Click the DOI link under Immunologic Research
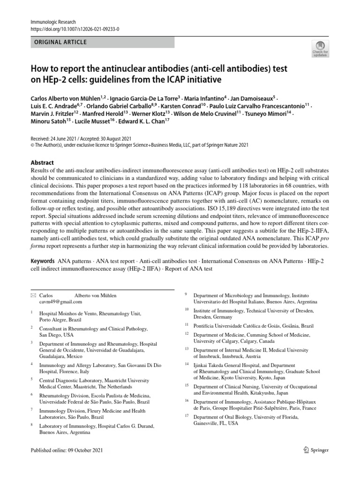(75, 29)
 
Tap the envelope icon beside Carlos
(32, 296)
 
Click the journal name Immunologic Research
(52, 22)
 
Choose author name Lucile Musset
(95, 120)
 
